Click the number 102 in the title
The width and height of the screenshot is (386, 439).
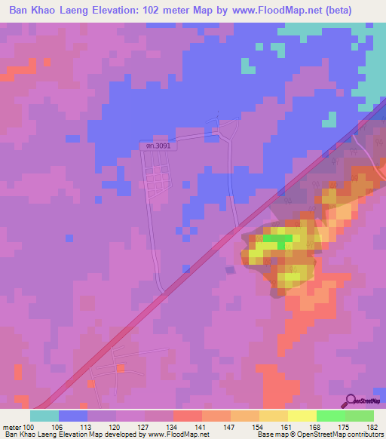[173, 10]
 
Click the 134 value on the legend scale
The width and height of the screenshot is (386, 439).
[173, 428]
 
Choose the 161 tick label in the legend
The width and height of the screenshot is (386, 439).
[287, 428]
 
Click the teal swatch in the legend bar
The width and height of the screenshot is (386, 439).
[44, 416]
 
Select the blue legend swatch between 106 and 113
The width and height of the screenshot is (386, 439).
[73, 416]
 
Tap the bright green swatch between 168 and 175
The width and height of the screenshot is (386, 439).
[330, 416]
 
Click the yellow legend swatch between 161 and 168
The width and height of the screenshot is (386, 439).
[302, 416]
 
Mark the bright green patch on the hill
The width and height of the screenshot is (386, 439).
[277, 241]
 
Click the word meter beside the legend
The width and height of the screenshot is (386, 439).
[12, 428]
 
